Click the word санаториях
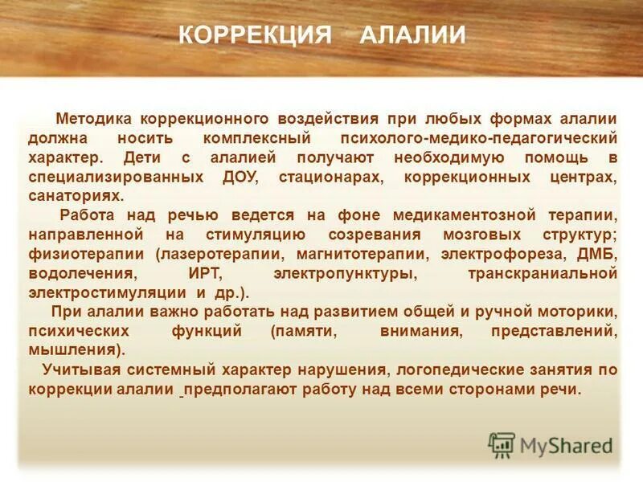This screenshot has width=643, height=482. click(x=76, y=194)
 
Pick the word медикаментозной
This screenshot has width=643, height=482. click(x=459, y=215)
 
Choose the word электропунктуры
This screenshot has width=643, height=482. click(x=334, y=273)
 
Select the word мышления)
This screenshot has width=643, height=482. click(x=76, y=350)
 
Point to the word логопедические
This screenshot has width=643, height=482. click(x=453, y=370)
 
